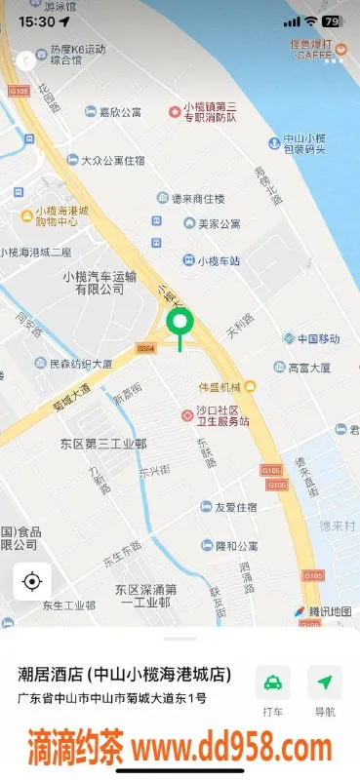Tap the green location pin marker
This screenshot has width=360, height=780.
[x=180, y=325]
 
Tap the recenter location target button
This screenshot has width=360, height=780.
[x=31, y=582]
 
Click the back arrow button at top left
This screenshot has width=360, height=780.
[x=24, y=60]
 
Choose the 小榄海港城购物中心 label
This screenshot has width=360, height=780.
[x=61, y=214]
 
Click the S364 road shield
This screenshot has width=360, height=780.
[x=146, y=347]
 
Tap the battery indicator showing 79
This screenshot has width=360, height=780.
[x=332, y=20]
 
